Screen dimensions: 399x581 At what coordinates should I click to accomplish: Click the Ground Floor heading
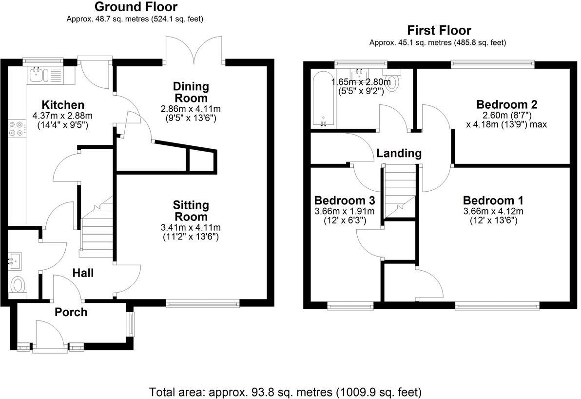click(x=136, y=7)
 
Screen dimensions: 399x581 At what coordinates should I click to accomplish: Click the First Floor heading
click(x=439, y=30)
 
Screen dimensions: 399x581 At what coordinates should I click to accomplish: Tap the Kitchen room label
click(x=63, y=105)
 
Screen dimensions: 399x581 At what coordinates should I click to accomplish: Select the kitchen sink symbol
click(x=37, y=75)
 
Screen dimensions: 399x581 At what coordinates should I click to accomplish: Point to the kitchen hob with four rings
click(x=16, y=128)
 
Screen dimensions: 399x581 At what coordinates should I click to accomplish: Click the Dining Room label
click(x=191, y=92)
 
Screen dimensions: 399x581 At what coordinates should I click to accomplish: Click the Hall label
click(x=83, y=273)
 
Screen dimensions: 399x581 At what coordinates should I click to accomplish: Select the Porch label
click(x=71, y=312)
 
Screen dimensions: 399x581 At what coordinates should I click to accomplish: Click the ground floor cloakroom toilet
click(x=18, y=284)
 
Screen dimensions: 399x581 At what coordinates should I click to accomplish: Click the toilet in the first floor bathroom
click(x=392, y=83)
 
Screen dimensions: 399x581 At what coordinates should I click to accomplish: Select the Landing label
click(x=399, y=153)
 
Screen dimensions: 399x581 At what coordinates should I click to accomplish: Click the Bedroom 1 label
click(x=493, y=200)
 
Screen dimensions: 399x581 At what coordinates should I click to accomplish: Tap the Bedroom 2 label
click(x=506, y=104)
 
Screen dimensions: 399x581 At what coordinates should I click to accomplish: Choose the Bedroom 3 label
click(x=344, y=200)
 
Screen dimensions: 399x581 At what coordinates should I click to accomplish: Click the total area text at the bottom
click(x=285, y=392)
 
